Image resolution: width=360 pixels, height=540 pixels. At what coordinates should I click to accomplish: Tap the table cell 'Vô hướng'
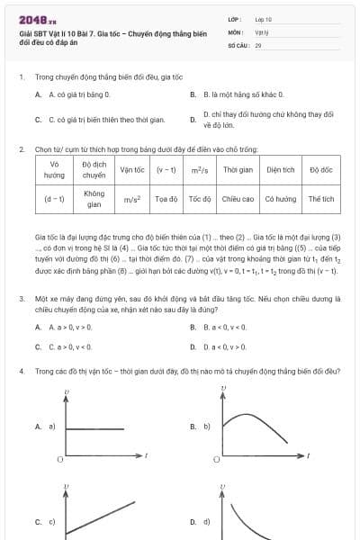(54, 169)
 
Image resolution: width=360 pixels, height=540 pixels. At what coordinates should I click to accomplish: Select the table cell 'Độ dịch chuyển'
(94, 169)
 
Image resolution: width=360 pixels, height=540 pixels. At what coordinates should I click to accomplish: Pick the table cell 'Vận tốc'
(132, 169)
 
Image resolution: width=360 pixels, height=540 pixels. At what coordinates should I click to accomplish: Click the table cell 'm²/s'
(200, 169)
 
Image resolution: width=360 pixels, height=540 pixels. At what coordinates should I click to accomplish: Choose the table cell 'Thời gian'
(238, 169)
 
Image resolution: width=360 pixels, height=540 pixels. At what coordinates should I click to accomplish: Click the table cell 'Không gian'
(94, 198)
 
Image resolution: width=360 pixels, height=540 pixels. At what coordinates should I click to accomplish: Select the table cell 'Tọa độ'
(166, 198)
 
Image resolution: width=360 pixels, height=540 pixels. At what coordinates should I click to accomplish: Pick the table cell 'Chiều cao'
(238, 198)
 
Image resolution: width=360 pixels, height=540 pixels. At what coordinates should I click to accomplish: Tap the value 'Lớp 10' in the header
(263, 18)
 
